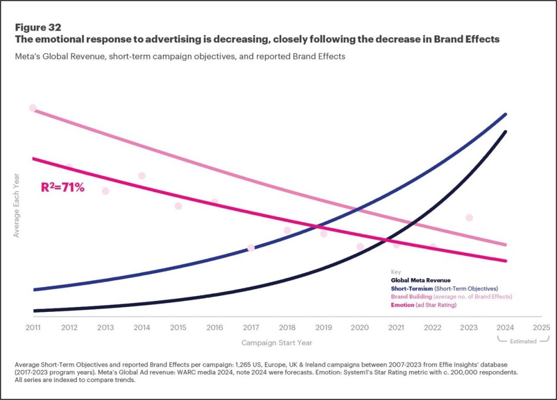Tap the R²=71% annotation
tap(63, 188)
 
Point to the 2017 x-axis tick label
tap(251, 328)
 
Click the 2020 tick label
tap(360, 328)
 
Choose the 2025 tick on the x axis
tap(541, 328)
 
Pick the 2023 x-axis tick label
tap(469, 328)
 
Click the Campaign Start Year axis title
tap(277, 343)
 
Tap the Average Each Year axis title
tap(16, 205)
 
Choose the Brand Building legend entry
tap(451, 297)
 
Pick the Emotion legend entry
tap(423, 305)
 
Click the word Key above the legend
tap(395, 271)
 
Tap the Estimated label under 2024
tap(522, 341)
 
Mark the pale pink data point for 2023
tap(469, 218)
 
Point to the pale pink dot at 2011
tap(33, 108)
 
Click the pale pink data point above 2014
tap(142, 176)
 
